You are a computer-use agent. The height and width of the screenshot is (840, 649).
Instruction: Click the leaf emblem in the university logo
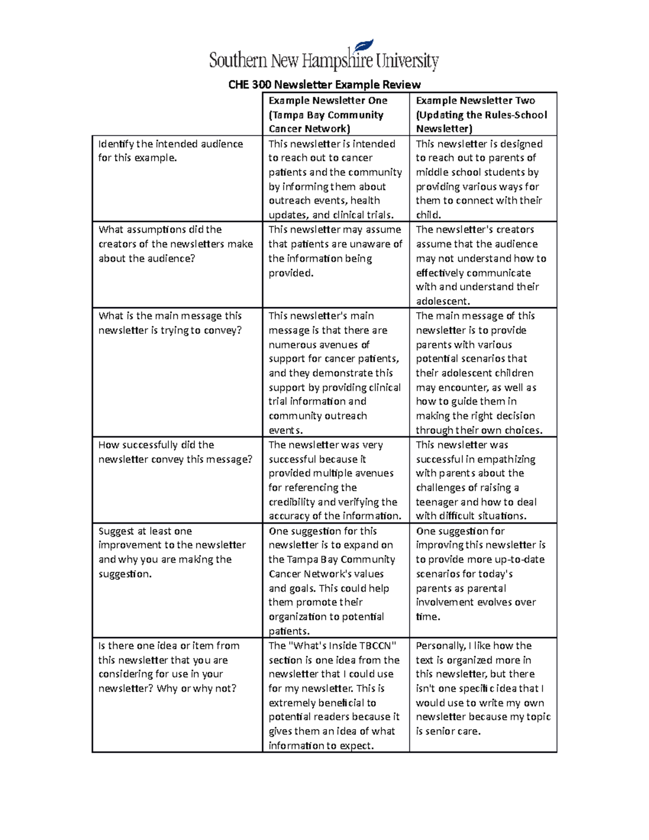363,47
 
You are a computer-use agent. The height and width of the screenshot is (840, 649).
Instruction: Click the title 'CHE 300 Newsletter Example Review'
324,84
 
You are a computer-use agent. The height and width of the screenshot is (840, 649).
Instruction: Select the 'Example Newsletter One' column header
328,101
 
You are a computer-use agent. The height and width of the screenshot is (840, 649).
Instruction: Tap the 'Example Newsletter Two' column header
475,101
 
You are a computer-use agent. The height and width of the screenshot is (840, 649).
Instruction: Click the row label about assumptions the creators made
175,244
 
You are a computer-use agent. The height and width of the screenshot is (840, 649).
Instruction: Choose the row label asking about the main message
170,323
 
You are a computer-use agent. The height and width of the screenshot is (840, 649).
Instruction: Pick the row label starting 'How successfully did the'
175,452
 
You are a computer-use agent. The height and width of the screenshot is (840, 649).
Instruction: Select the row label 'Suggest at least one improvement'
172,552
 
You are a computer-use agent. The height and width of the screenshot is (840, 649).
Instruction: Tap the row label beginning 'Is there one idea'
169,667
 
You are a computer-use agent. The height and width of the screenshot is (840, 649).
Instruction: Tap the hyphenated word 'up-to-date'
517,559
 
